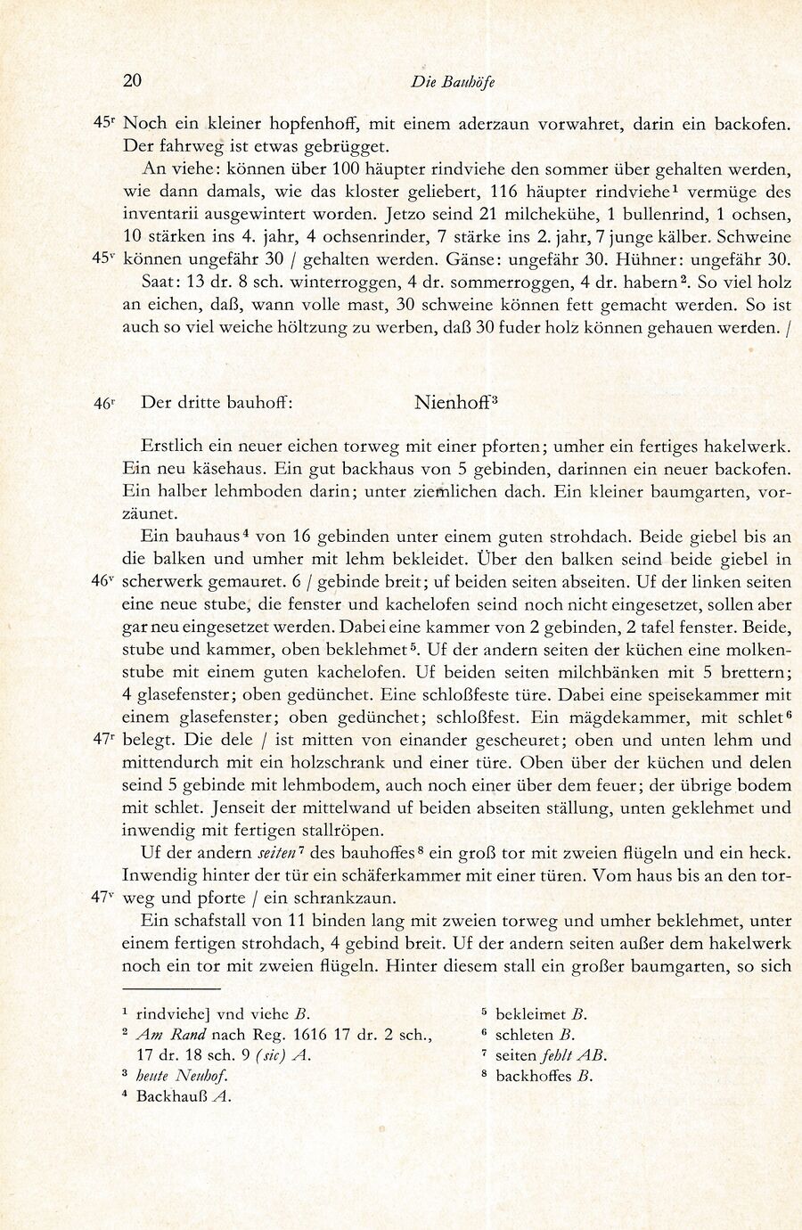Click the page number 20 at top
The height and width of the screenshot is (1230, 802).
132,81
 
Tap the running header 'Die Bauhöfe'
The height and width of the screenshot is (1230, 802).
453,82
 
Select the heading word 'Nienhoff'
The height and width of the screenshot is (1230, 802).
451,402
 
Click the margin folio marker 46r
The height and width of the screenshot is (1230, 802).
104,403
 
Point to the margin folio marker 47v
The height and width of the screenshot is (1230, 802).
104,898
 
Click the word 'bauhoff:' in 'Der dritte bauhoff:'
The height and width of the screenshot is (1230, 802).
258,402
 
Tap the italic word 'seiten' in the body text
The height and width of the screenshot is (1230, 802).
278,853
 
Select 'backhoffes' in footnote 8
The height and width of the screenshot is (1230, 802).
532,1076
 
